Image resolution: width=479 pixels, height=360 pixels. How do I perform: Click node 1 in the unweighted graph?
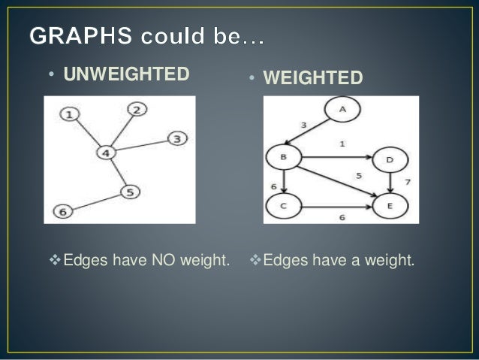click(69, 115)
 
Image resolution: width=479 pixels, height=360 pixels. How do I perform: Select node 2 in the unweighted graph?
click(137, 110)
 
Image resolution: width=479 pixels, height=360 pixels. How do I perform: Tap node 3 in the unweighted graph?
click(176, 138)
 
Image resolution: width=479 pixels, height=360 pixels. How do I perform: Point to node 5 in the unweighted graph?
click(130, 192)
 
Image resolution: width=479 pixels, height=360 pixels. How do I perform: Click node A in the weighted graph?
click(342, 110)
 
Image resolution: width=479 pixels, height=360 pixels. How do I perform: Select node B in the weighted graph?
click(283, 157)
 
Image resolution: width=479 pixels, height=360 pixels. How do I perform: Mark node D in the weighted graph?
click(389, 159)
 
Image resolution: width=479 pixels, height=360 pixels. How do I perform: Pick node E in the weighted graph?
click(390, 204)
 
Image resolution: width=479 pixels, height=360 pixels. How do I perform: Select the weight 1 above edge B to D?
click(342, 144)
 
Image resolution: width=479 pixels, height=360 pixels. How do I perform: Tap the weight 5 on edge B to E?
click(359, 175)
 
